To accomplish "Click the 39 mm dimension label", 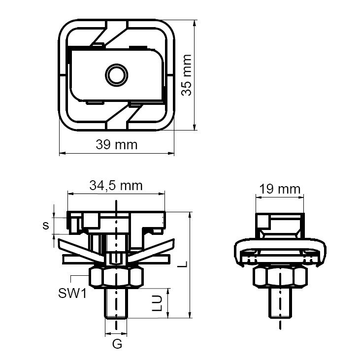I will click(117, 145).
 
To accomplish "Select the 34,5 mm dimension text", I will click(116, 186).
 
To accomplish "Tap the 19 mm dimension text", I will click(280, 189).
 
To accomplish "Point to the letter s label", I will click(45, 226).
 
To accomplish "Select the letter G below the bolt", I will click(117, 344).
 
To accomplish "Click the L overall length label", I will click(183, 264).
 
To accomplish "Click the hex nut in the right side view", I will click(280, 278).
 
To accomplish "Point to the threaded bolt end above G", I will click(116, 304).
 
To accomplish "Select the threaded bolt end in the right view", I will click(280, 304).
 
